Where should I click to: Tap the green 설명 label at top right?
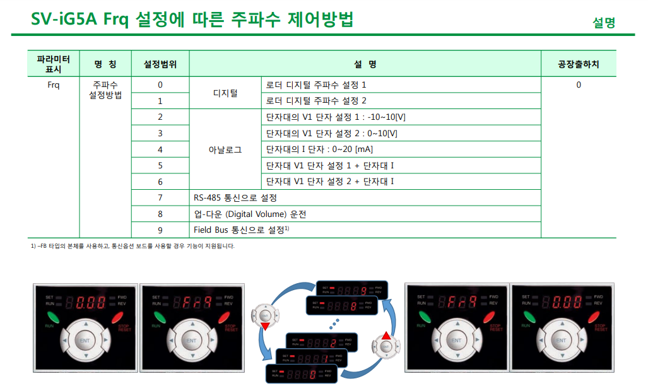coord(603,23)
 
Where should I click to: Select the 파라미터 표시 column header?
coord(53,64)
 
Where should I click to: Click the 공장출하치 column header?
coord(578,64)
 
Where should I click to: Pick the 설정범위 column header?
coord(160,64)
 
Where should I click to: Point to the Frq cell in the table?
coord(53,85)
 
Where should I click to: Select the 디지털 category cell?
coord(225,93)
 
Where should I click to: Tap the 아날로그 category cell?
coord(225,149)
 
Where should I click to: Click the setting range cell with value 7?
coord(160,198)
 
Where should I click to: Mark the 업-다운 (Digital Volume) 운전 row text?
coord(249,214)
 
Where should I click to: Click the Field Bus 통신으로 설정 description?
coord(241,230)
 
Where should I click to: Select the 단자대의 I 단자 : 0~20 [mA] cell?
coord(319,149)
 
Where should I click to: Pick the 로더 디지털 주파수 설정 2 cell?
coord(315,101)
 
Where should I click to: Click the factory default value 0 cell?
coord(578,85)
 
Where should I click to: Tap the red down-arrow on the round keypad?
coord(264,325)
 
